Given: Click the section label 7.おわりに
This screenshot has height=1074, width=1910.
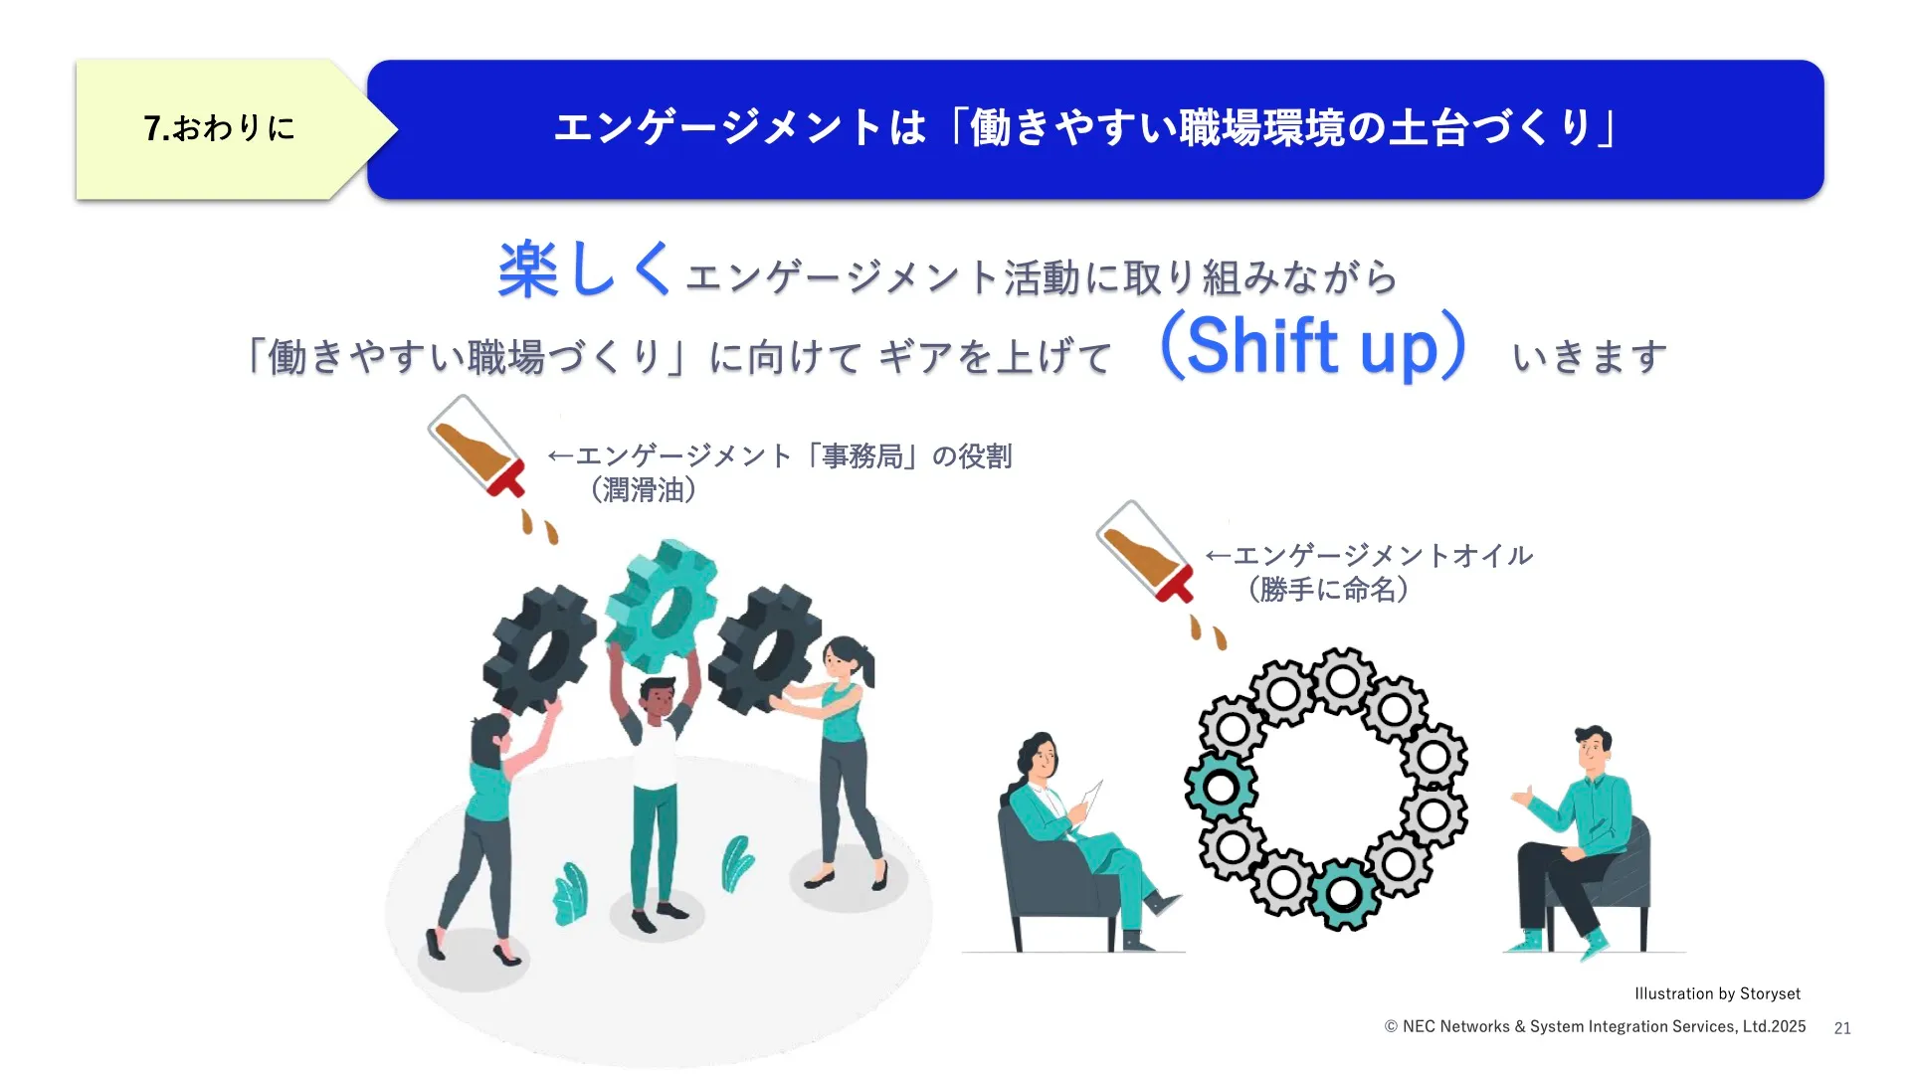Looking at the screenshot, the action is (220, 128).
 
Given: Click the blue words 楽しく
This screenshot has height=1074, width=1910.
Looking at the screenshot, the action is (585, 269).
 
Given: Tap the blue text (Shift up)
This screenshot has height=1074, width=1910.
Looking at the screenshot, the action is (1313, 346).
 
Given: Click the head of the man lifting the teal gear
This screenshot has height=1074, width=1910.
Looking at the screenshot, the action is (657, 700).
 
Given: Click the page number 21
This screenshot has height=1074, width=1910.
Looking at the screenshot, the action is (1842, 1028).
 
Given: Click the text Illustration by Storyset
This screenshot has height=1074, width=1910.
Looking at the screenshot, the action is (1717, 993).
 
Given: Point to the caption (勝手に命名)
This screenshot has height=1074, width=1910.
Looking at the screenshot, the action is (1329, 590).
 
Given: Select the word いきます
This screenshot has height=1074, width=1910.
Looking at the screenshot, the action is (1590, 356).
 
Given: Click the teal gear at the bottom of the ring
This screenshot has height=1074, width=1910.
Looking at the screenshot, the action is (1344, 894).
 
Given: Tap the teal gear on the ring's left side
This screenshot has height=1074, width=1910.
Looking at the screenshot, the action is (1222, 787).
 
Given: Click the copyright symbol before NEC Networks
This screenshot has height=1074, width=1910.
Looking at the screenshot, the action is (1391, 1027).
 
